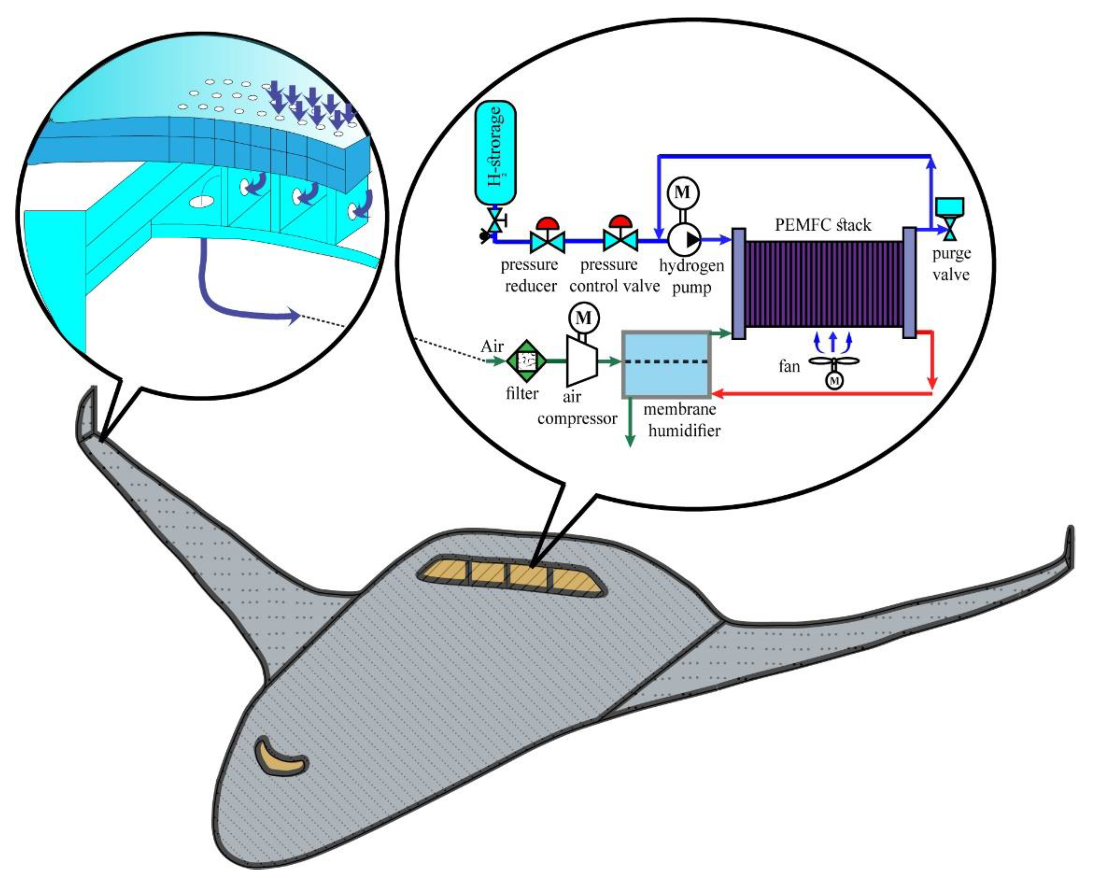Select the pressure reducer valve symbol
click(x=547, y=241)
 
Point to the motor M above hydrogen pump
click(x=683, y=192)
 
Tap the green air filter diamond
click(x=527, y=361)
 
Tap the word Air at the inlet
click(x=492, y=347)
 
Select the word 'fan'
click(x=789, y=366)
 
